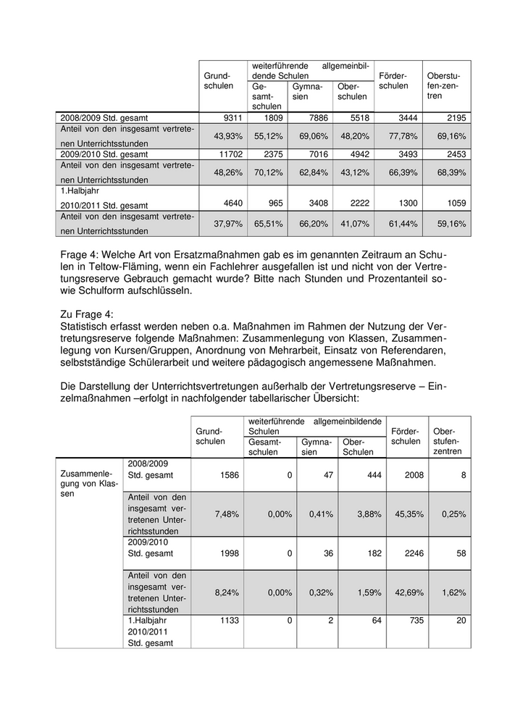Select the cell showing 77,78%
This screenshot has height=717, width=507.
click(406, 135)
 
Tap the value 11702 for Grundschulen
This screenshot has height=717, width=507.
click(227, 154)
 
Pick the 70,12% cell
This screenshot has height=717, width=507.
click(272, 173)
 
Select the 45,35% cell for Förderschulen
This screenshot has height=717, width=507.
click(406, 513)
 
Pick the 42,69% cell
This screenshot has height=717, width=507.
click(406, 591)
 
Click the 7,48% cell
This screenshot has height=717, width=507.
click(227, 513)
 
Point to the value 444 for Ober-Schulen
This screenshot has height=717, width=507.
click(361, 475)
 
